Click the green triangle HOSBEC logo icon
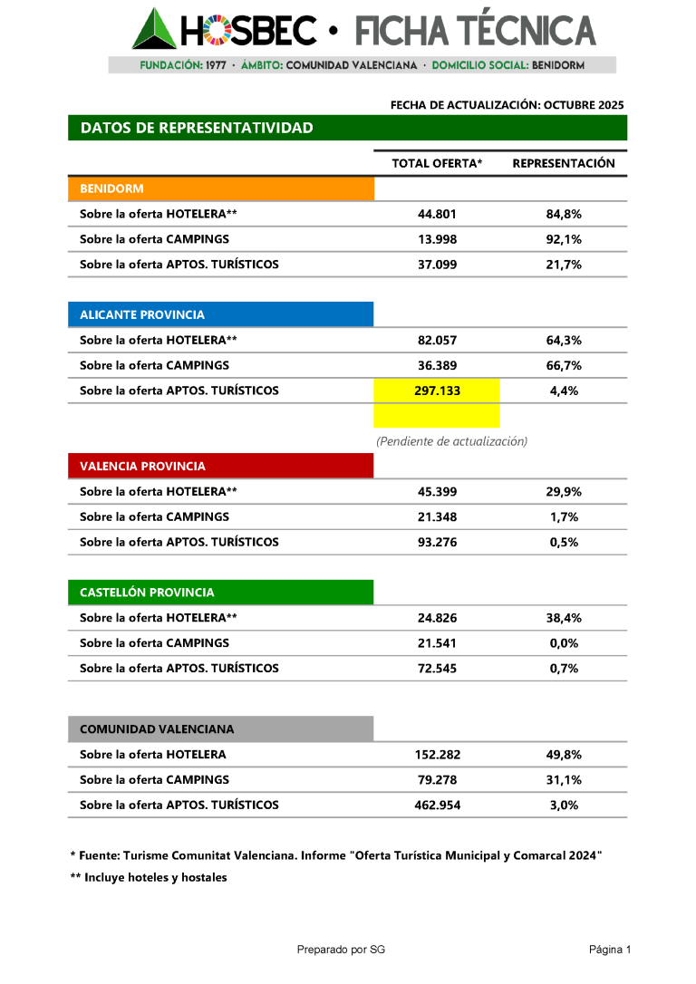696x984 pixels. (x=154, y=29)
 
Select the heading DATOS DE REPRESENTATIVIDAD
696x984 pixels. (x=197, y=128)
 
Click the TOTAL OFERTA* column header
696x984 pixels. (x=437, y=164)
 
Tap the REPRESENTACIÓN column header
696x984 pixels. (x=564, y=164)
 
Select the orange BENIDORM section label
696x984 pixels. (x=220, y=189)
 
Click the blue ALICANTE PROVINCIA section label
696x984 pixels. (x=220, y=315)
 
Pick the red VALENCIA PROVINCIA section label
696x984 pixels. (x=220, y=467)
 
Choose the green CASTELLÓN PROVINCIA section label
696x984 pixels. (x=220, y=593)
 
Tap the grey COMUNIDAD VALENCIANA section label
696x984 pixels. (x=220, y=729)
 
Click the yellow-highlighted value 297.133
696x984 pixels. (x=437, y=391)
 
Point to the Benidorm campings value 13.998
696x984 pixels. (x=437, y=240)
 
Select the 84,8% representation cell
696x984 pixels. (x=564, y=215)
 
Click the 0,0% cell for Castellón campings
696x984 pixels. (x=564, y=643)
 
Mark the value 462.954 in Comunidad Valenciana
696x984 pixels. (x=437, y=806)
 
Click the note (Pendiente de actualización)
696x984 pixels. (x=451, y=441)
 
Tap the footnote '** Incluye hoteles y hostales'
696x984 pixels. (x=149, y=878)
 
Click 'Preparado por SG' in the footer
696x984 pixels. (x=341, y=950)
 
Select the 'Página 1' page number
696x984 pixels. (x=609, y=950)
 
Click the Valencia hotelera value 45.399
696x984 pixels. (x=437, y=492)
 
